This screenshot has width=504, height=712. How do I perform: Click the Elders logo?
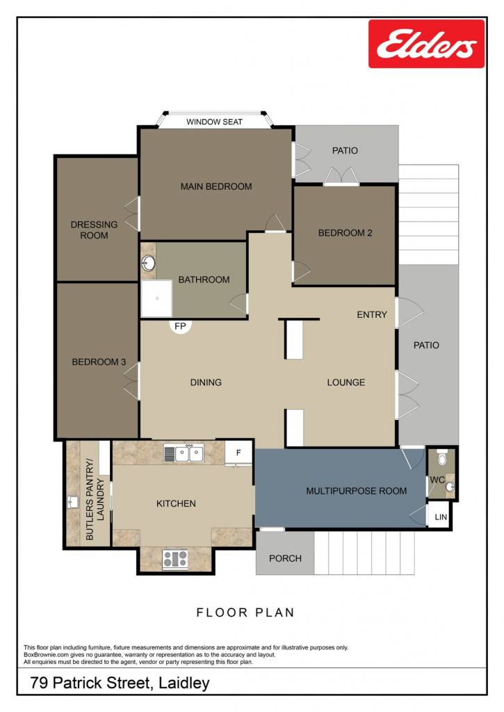point(426,44)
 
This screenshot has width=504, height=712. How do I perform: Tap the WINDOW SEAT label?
point(214,122)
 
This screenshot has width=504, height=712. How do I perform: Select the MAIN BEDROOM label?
point(216,186)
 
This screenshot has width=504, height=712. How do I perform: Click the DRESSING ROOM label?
point(94,229)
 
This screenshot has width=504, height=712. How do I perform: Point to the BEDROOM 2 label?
point(345,233)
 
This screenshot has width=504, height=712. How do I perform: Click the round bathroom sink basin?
point(148,263)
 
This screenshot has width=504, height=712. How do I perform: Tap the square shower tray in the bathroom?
point(156,298)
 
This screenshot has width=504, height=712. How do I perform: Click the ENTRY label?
point(372,315)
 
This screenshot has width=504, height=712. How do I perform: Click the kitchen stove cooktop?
point(175,559)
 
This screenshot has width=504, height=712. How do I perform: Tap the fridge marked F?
point(238,453)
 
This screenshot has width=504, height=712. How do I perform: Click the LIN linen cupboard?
point(439,517)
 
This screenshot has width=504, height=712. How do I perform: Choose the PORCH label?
point(285,558)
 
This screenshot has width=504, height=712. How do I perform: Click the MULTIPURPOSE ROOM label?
point(357,491)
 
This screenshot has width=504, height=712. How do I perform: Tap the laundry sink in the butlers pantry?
point(73,502)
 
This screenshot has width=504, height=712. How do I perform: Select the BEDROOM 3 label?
point(99,362)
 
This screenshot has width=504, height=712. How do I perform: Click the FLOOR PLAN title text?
point(245,613)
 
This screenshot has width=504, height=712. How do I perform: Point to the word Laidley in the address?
point(184,683)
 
